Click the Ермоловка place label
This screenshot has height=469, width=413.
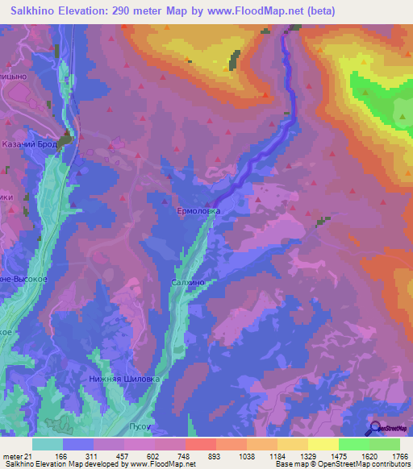pos(198,210)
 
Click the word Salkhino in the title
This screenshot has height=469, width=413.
pos(37,10)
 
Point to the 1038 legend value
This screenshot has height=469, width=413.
pos(247,456)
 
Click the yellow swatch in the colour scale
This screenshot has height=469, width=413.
pos(323,444)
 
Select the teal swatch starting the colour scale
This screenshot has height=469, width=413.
pos(48,444)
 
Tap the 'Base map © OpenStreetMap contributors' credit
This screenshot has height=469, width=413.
pos(341,464)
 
